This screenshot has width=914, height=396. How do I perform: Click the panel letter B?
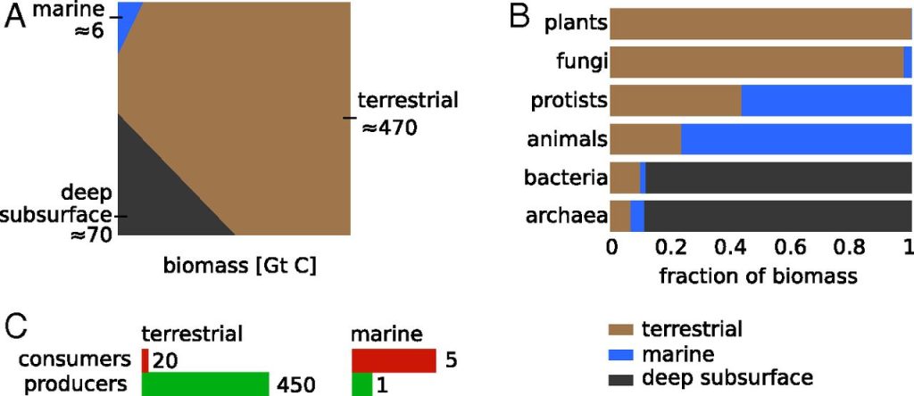click(x=520, y=19)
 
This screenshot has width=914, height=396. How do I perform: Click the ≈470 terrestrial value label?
click(x=390, y=128)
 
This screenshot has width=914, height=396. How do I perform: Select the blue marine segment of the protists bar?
click(x=826, y=101)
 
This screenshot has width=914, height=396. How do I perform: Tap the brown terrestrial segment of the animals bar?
click(x=645, y=140)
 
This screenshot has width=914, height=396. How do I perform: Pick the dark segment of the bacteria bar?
click(x=777, y=178)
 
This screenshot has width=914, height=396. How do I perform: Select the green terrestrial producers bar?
click(x=205, y=384)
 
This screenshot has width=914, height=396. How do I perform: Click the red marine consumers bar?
click(x=393, y=360)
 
